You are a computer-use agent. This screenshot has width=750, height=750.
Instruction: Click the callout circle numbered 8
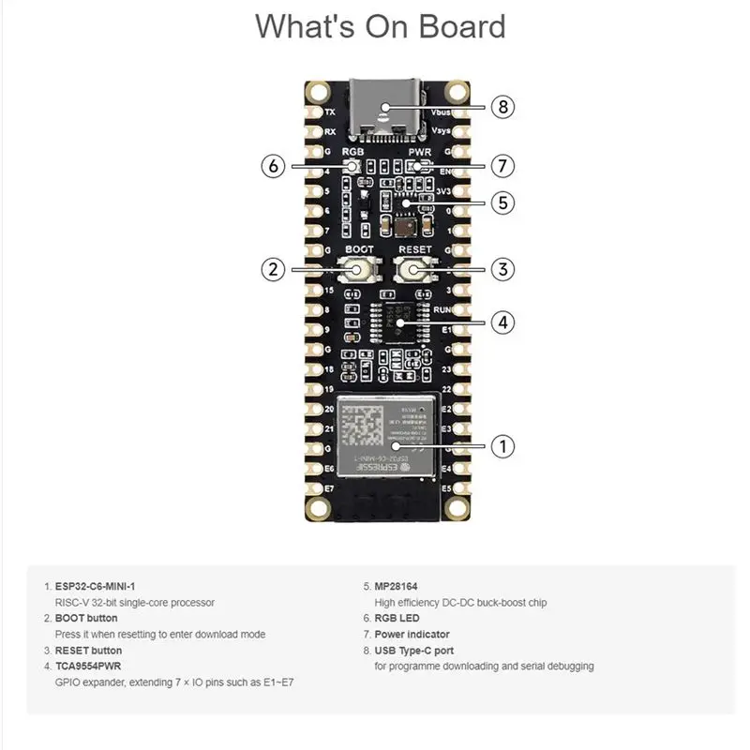pyautogui.click(x=503, y=107)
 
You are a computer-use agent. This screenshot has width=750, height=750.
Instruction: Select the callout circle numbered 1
pyautogui.click(x=503, y=446)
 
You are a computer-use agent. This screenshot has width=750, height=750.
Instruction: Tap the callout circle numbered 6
pyautogui.click(x=273, y=166)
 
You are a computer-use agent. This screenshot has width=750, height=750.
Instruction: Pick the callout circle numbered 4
pyautogui.click(x=503, y=322)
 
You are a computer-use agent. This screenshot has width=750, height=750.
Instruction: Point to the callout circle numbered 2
pyautogui.click(x=273, y=269)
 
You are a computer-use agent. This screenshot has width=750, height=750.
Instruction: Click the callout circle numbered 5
pyautogui.click(x=503, y=202)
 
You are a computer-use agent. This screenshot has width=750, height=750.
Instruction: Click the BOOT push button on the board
pyautogui.click(x=359, y=270)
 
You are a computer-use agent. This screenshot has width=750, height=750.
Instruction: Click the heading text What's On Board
pyautogui.click(x=380, y=26)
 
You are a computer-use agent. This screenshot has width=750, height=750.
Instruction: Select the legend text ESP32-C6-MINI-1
pyautogui.click(x=95, y=586)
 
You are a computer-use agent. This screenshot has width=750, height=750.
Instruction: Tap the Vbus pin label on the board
pyautogui.click(x=442, y=112)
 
